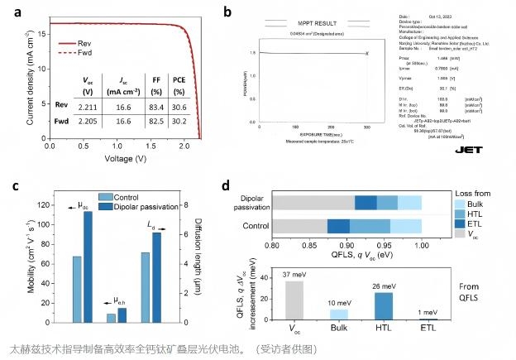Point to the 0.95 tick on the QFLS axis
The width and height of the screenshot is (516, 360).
(x=385, y=245)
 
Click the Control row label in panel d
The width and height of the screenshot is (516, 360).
(x=253, y=225)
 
